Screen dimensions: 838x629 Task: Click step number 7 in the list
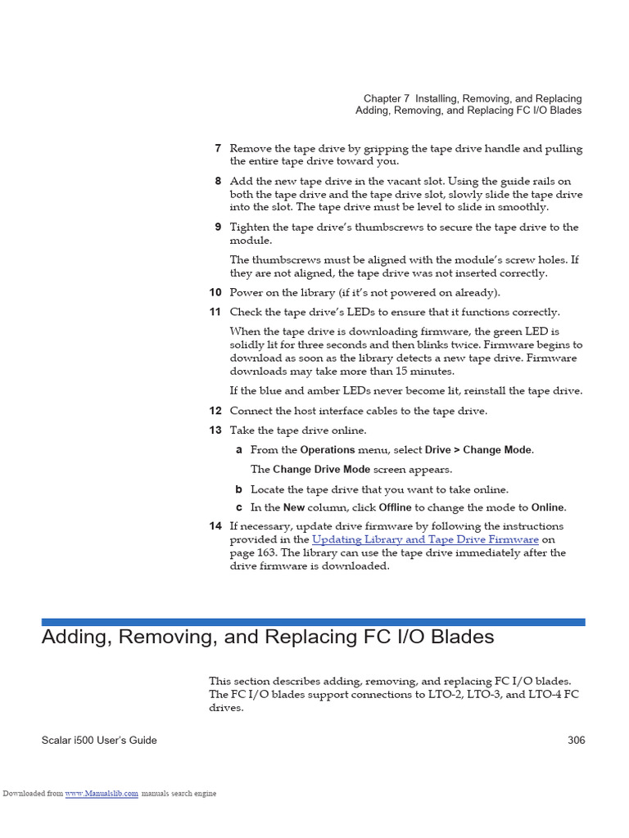(218, 149)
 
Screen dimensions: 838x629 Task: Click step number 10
(215, 293)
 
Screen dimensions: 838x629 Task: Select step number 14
(215, 526)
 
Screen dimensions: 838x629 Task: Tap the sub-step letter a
(239, 450)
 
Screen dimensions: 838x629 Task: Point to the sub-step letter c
(239, 507)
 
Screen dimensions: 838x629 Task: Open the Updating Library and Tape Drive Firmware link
(425, 540)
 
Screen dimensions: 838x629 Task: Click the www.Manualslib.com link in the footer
(102, 794)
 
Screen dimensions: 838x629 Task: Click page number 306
(576, 741)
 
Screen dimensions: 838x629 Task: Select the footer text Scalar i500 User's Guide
(99, 741)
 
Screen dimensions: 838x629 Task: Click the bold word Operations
(328, 450)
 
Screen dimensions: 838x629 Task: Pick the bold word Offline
(395, 507)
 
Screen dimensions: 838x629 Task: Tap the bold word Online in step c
(547, 507)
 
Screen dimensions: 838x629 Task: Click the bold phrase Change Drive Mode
(321, 470)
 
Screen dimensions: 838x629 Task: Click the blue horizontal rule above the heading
(314, 622)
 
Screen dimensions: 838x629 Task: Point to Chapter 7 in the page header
(387, 99)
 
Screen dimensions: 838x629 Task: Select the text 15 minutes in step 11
(451, 372)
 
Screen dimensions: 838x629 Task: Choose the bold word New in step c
(294, 507)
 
